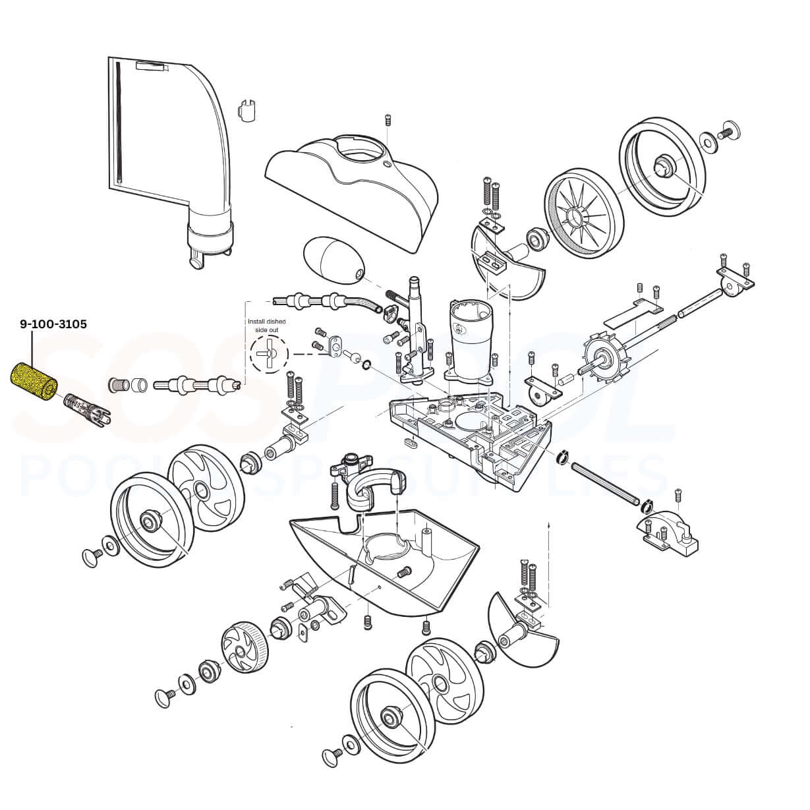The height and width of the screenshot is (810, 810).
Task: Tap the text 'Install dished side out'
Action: pos(266,324)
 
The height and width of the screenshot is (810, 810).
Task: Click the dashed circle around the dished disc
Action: pos(269,354)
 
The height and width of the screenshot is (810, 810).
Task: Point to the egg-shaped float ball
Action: pos(332,260)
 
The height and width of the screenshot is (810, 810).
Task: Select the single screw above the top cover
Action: pos(388,120)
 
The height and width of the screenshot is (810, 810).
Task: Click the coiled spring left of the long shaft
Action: pos(118,383)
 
